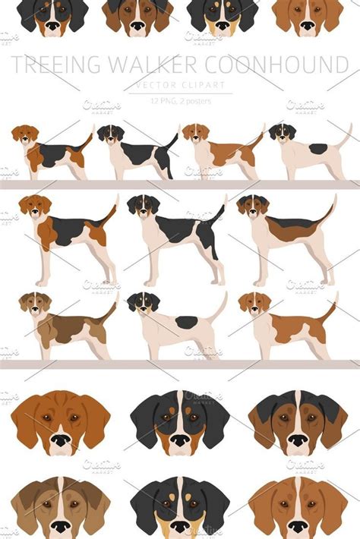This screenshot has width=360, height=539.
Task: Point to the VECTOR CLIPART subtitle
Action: click(180, 84)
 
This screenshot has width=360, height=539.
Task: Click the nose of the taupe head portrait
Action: click(60, 525)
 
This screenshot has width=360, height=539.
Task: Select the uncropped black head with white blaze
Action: click(180, 421)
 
